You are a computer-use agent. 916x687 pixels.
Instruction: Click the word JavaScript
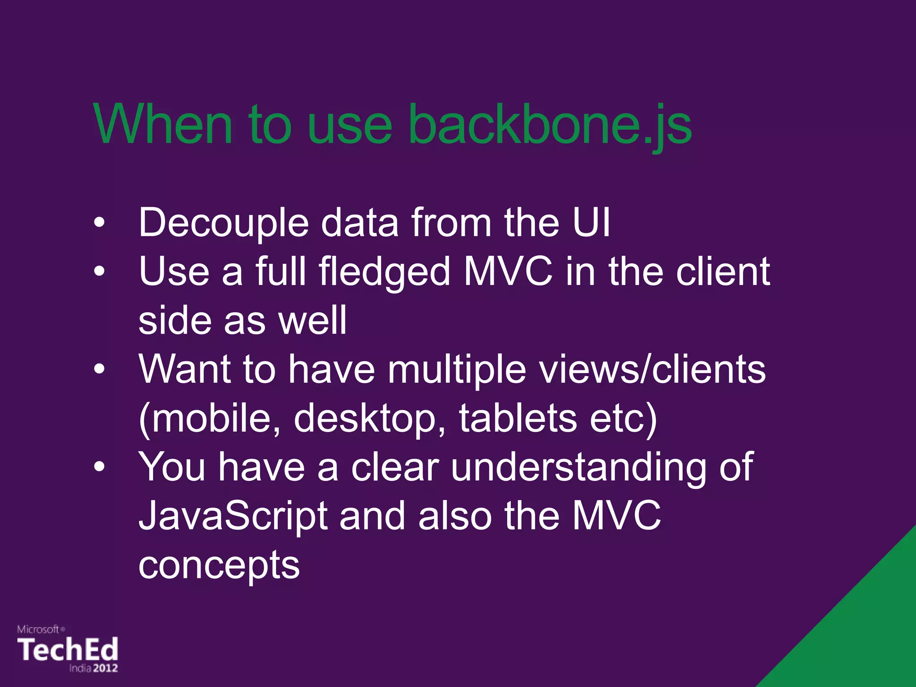(x=233, y=517)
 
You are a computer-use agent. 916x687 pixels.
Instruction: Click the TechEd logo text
(x=68, y=649)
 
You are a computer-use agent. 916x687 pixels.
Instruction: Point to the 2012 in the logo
(x=106, y=668)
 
